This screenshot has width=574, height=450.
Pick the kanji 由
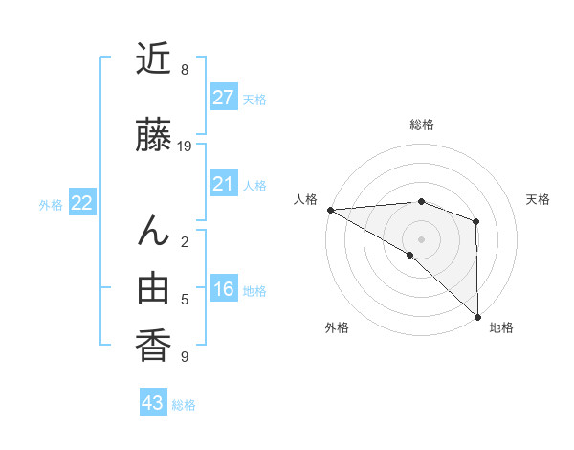click(x=154, y=288)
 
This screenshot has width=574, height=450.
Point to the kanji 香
click(x=154, y=344)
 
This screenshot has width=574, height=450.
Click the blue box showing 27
click(x=223, y=97)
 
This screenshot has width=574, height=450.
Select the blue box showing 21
click(x=223, y=184)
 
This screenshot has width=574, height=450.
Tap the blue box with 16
click(x=223, y=289)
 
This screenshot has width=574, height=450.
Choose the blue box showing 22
click(x=81, y=202)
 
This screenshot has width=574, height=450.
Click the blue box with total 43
click(x=153, y=403)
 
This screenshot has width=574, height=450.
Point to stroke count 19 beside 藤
click(x=186, y=146)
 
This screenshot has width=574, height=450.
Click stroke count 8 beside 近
click(x=185, y=70)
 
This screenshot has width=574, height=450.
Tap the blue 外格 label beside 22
click(x=51, y=204)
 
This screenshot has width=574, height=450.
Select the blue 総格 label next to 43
click(x=184, y=405)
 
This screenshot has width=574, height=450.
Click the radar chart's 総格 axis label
click(x=421, y=124)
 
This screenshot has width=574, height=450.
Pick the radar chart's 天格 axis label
click(x=539, y=199)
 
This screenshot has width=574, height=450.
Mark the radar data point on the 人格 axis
click(x=330, y=210)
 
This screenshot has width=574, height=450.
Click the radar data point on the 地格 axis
click(x=476, y=316)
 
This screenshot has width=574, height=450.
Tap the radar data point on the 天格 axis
click(x=475, y=221)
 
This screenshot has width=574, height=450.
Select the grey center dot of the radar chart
click(x=421, y=238)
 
